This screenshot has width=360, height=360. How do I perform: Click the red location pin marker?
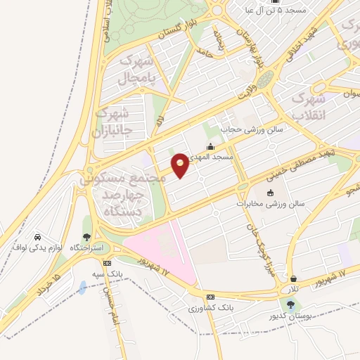[181, 165]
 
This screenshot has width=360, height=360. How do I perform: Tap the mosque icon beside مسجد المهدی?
[210, 147]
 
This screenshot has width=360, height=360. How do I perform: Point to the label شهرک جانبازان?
[112, 121]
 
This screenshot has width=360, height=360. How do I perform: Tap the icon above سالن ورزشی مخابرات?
[271, 193]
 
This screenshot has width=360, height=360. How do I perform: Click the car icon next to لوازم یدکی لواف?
[37, 238]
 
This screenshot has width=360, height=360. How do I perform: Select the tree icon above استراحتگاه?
[86, 238]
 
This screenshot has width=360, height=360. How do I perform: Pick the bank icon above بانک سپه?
[107, 262]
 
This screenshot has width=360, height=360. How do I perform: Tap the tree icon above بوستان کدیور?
[290, 304]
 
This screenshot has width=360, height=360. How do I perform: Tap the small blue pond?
[83, 288]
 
